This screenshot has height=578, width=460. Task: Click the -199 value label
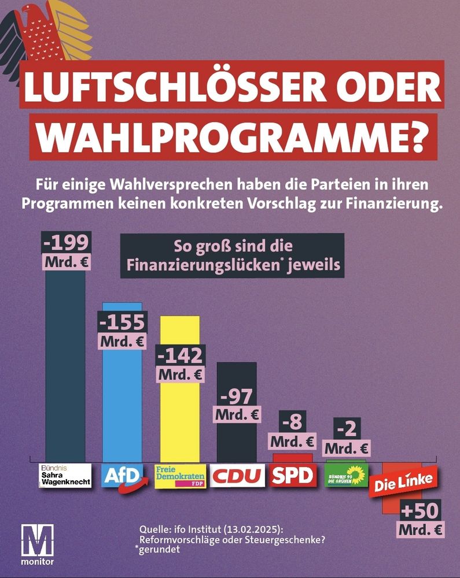pos(68,242)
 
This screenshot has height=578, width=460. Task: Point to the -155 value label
pos(122,322)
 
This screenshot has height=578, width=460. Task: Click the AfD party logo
pos(122,476)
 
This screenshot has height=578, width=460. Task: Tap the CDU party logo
pos(237,476)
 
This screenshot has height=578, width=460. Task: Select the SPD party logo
pos(293,476)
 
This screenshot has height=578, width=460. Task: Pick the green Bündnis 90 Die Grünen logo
pos(346,476)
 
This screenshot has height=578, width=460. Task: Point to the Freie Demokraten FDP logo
pos(179,476)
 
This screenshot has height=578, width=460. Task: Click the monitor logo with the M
pos(36,544)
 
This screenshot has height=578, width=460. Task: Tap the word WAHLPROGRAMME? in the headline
pos(231,138)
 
